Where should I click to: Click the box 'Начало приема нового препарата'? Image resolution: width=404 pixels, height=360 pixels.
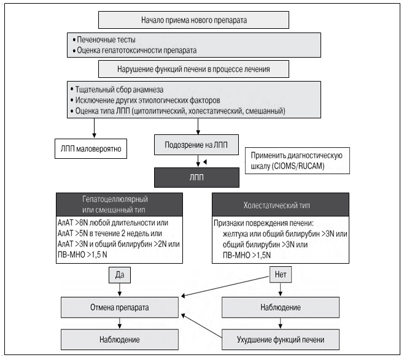click(x=193, y=20)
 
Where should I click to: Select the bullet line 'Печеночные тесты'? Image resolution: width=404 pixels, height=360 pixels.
click(x=104, y=40)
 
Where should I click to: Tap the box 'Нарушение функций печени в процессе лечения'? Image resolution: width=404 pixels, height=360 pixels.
click(x=193, y=69)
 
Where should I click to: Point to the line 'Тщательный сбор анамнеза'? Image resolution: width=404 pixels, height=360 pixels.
click(x=117, y=90)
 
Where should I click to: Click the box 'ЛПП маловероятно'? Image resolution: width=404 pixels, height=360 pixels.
click(x=91, y=149)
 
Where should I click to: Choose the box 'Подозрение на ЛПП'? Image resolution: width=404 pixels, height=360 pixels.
click(x=196, y=145)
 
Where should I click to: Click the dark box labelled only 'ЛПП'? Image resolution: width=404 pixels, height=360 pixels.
click(x=196, y=178)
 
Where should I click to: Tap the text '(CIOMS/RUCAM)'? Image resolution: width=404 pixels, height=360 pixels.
click(x=298, y=166)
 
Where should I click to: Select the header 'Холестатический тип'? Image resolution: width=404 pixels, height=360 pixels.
click(x=281, y=205)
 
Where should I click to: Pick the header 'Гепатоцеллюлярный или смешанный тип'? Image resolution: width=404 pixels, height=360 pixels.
click(x=119, y=204)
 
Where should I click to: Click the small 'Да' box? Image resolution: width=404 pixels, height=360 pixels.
click(x=120, y=275)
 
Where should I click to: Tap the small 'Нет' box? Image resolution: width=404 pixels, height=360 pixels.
click(x=281, y=275)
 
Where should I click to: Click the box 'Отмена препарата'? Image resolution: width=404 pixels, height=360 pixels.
click(x=120, y=307)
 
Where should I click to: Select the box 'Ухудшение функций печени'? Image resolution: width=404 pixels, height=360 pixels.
click(x=281, y=340)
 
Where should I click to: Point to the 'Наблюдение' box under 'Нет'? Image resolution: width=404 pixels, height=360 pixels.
click(x=281, y=307)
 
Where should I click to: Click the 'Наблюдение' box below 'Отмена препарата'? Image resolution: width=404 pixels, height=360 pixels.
click(x=120, y=340)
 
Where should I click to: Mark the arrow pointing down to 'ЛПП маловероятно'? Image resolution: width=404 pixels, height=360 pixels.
click(x=94, y=128)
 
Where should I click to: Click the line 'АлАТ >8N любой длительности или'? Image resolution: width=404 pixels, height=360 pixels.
click(x=113, y=223)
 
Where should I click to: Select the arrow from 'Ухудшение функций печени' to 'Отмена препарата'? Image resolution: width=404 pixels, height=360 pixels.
click(x=201, y=326)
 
